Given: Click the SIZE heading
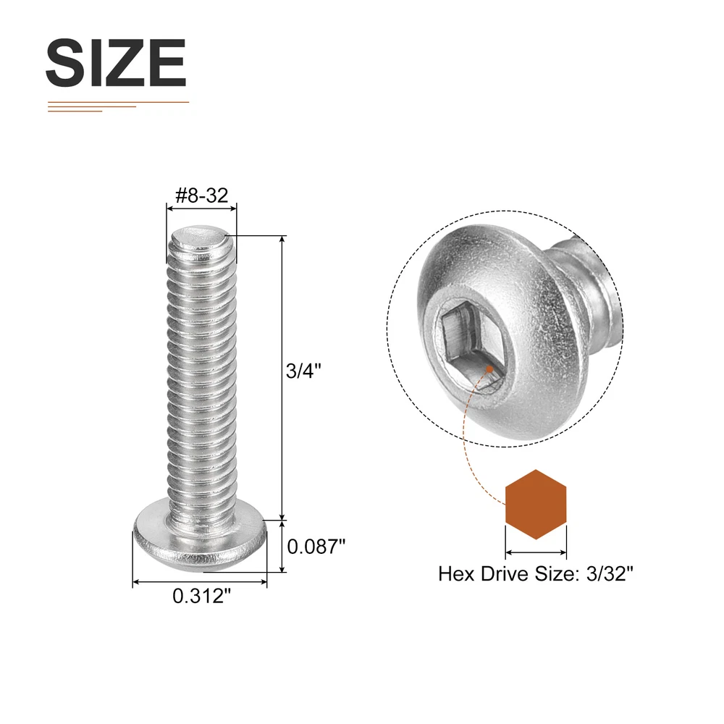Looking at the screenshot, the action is (115, 62).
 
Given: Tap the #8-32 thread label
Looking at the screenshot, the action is (202, 195).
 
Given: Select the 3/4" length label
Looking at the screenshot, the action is (303, 371).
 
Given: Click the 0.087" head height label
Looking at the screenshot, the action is (316, 547).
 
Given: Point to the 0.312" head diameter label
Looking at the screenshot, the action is (201, 596).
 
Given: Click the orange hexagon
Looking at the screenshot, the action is (536, 504).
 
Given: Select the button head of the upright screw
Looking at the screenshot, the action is (201, 541).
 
